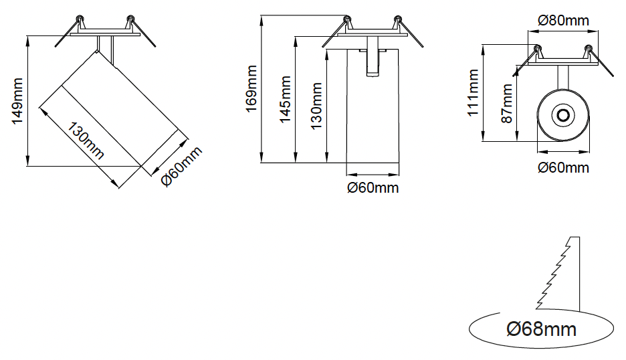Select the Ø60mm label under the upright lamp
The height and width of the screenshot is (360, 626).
tap(373, 187)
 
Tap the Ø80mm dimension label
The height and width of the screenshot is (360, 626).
tap(563, 20)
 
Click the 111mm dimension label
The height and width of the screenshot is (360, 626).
tap(474, 93)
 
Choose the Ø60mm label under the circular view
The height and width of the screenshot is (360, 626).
tap(563, 167)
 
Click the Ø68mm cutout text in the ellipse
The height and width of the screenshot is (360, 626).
tap(542, 329)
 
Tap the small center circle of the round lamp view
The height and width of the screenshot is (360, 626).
tap(563, 115)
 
